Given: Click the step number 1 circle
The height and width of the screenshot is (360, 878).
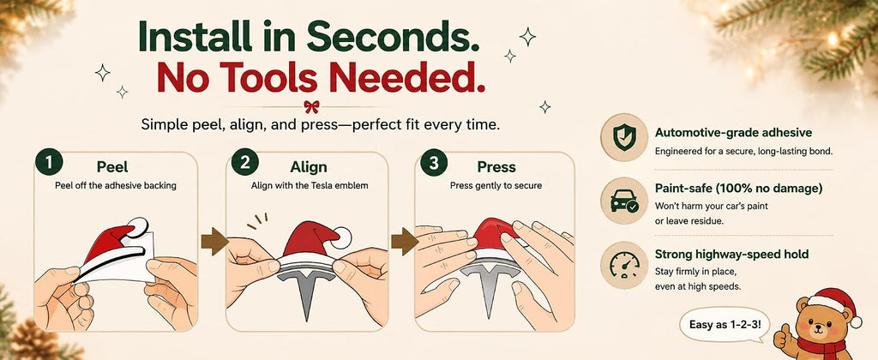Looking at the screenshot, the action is (49, 162).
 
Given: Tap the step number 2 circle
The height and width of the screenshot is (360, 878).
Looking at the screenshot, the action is (244, 162).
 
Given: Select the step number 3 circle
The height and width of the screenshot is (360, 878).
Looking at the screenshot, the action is (434, 162).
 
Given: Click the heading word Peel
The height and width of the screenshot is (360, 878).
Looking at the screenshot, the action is (112, 167).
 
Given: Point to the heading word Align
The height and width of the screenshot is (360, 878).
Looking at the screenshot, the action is (309, 167).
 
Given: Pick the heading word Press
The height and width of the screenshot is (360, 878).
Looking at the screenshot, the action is (496, 167).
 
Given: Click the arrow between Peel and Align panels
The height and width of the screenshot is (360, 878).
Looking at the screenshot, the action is (214, 242).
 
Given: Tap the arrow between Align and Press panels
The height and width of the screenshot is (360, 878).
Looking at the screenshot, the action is (405, 242).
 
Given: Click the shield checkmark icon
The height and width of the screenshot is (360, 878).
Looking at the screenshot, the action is (624, 137).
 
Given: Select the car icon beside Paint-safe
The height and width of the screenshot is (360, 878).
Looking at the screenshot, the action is (624, 201).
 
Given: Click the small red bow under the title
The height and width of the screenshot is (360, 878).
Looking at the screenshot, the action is (311, 106).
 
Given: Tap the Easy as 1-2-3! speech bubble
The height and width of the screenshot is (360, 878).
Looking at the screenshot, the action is (725, 325).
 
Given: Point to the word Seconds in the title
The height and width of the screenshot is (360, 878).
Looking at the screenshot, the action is (393, 38).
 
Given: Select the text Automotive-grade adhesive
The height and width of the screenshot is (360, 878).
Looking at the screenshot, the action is (734, 133).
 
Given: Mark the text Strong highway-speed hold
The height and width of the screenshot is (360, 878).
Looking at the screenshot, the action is (732, 255).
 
